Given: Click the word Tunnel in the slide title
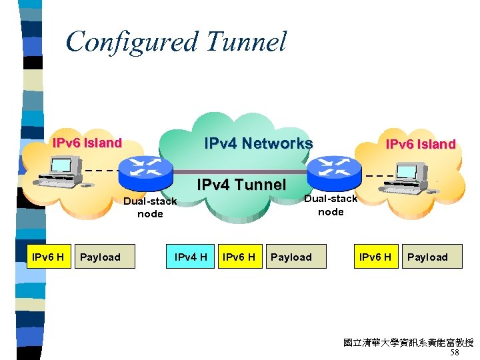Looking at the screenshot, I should click(246, 41).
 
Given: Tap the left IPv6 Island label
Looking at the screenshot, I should click(87, 143).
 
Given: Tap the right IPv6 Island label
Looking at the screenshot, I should click(421, 144).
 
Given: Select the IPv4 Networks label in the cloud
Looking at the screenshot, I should click(258, 143).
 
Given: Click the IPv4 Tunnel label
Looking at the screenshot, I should click(241, 185).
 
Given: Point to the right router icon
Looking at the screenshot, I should click(331, 171).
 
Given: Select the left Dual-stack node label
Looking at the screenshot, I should click(150, 207).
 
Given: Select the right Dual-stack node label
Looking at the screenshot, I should click(331, 205).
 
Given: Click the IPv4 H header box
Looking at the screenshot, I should click(191, 257).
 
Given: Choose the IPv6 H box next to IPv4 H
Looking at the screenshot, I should click(239, 257).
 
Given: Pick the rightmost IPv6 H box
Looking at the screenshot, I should click(375, 257).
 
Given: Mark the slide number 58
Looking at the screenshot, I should click(454, 353).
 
